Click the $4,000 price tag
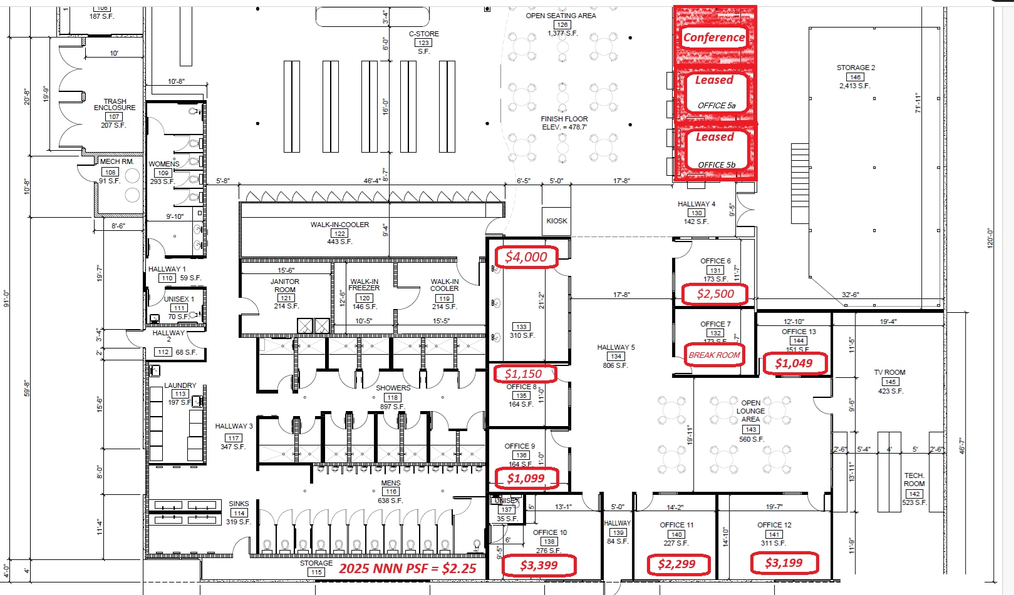click(526, 257)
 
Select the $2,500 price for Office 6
click(715, 294)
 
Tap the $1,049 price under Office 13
click(794, 364)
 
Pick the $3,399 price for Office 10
click(539, 566)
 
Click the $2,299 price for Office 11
click(676, 564)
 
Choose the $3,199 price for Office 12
click(784, 563)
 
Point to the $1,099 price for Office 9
click(525, 479)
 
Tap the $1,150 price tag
click(523, 374)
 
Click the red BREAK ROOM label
click(714, 355)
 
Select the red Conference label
click(714, 38)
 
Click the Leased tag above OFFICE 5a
click(714, 81)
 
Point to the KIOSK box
click(557, 221)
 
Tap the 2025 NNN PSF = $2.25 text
click(408, 569)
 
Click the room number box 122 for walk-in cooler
click(339, 233)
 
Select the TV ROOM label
click(889, 372)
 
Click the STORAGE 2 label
click(856, 68)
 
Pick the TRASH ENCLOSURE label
click(115, 104)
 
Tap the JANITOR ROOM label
click(284, 286)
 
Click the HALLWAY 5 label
click(616, 347)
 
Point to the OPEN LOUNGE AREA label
click(750, 411)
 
